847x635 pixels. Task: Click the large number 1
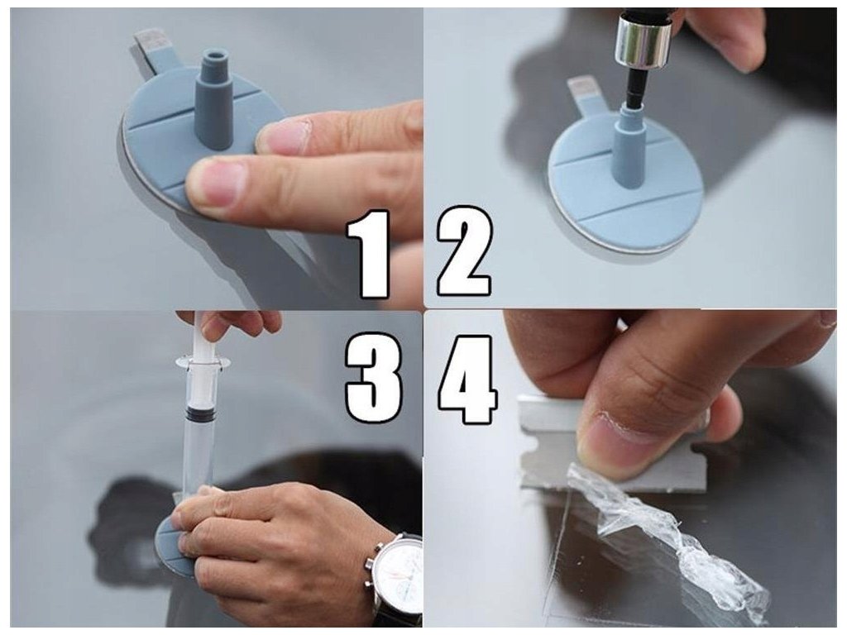[369, 254]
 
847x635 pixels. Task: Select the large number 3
[374, 377]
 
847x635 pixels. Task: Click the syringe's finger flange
[196, 360]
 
